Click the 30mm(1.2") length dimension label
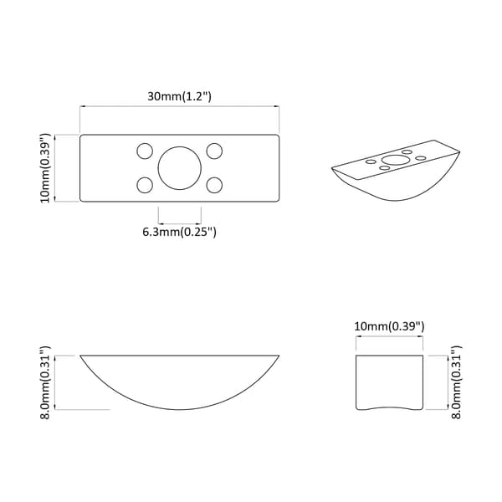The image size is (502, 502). (179, 96)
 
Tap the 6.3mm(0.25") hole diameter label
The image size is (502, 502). (179, 231)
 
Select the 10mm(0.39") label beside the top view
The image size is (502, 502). (45, 168)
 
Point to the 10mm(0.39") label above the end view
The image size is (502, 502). (389, 326)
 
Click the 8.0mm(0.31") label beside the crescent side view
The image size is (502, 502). (45, 382)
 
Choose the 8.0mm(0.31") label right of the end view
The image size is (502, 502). (456, 382)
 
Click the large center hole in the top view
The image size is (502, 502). (180, 168)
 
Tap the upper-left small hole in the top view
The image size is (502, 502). (145, 151)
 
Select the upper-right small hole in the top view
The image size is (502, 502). (214, 151)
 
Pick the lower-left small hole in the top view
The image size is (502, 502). (145, 185)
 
